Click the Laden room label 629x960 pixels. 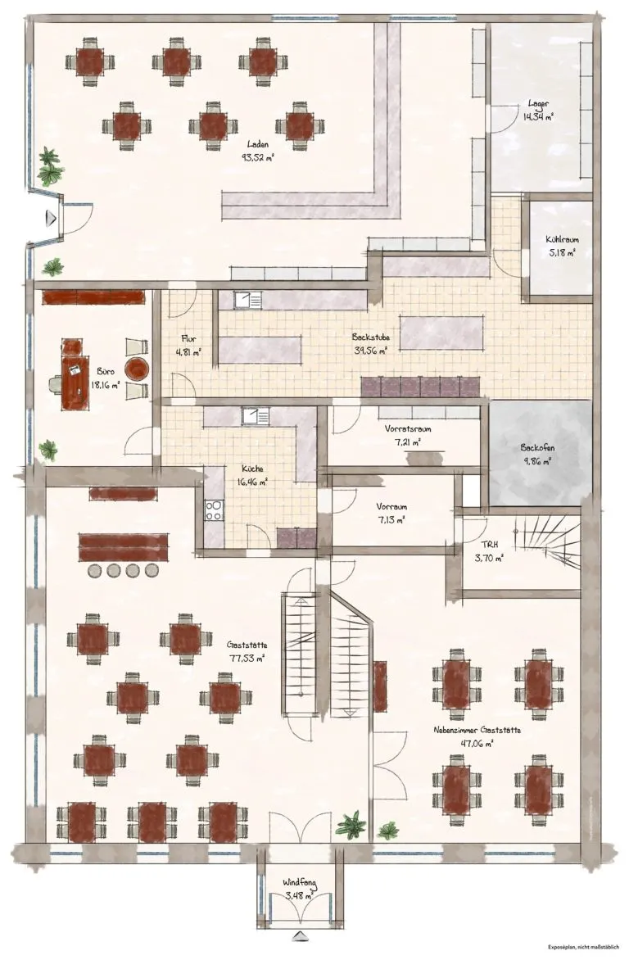click(x=258, y=144)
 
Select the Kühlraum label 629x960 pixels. click(x=562, y=240)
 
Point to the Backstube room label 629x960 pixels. click(x=370, y=337)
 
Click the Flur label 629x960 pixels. click(x=188, y=338)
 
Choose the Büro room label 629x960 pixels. click(x=106, y=372)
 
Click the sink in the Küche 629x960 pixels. click(x=255, y=416)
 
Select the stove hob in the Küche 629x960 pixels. click(x=215, y=510)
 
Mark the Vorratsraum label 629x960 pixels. click(x=408, y=428)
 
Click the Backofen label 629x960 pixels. click(x=538, y=447)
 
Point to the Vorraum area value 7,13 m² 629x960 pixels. click(x=391, y=520)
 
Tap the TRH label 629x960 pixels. click(x=489, y=544)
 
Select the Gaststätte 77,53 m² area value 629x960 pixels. click(x=247, y=659)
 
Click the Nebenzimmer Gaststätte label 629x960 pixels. click(x=477, y=730)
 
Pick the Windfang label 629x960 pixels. click(x=300, y=883)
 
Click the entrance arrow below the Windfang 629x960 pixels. click(x=300, y=935)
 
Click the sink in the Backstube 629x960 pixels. click(x=248, y=300)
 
